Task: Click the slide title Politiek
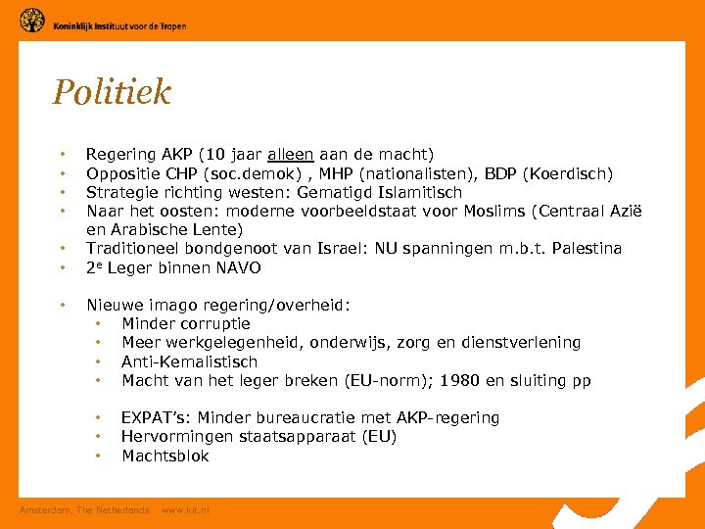[112, 92]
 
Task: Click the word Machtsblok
[165, 456]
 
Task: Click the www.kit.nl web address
[185, 509]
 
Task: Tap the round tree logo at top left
[32, 20]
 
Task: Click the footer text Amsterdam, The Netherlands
[85, 509]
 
